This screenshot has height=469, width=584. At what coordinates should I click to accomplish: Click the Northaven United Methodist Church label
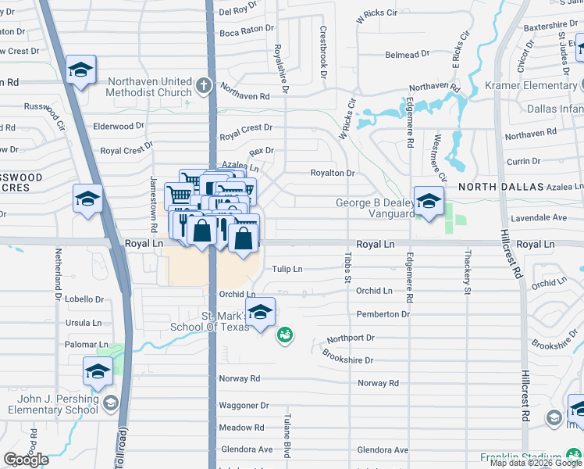tap(149, 87)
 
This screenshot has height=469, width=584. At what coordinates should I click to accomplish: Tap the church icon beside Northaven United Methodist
tap(205, 85)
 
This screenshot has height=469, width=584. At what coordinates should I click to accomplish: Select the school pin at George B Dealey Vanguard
tap(428, 202)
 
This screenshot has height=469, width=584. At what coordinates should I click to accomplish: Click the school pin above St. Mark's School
tap(260, 313)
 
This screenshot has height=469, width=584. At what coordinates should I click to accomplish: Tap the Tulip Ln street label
tap(287, 269)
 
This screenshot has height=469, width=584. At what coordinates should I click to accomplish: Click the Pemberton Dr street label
tap(383, 314)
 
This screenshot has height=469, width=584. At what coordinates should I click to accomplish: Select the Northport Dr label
tap(351, 338)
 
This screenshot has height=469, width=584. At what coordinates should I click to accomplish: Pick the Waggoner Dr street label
tap(244, 406)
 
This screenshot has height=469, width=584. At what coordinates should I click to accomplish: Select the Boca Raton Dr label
tap(247, 29)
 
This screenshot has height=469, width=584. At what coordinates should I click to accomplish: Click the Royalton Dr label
tap(333, 174)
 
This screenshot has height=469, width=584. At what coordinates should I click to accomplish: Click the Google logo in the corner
tap(26, 460)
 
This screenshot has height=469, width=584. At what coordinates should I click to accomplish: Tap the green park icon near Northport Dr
tap(285, 336)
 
